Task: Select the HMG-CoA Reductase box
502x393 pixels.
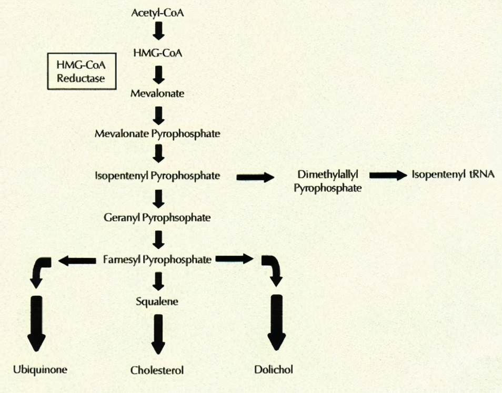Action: click(82, 71)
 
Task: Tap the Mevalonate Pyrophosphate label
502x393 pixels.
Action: click(157, 134)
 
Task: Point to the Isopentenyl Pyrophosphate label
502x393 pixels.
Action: click(157, 175)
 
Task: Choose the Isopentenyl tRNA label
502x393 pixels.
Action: click(453, 175)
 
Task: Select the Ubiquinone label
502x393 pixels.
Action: click(40, 369)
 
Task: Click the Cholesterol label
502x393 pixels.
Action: click(157, 370)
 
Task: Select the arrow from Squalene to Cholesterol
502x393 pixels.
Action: click(158, 334)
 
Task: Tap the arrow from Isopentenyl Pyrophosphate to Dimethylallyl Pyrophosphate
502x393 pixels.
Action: click(256, 177)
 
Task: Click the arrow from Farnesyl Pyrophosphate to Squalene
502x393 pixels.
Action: click(158, 281)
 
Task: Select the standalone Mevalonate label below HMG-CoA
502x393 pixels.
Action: click(157, 93)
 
